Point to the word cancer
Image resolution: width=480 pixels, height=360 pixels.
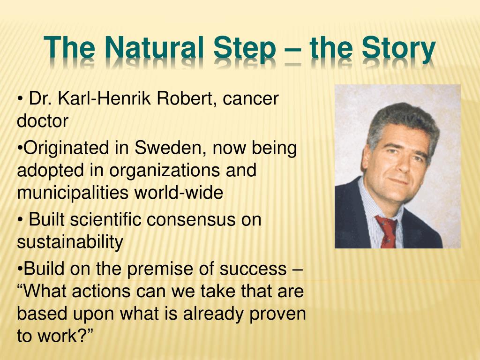click(250, 99)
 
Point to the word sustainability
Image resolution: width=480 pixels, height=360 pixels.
click(70, 242)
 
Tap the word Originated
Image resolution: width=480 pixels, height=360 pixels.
click(65, 148)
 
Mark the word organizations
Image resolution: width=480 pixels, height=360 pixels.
click(166, 171)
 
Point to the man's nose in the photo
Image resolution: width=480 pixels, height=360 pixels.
click(399, 165)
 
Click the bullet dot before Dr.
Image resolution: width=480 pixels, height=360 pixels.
click(20, 99)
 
